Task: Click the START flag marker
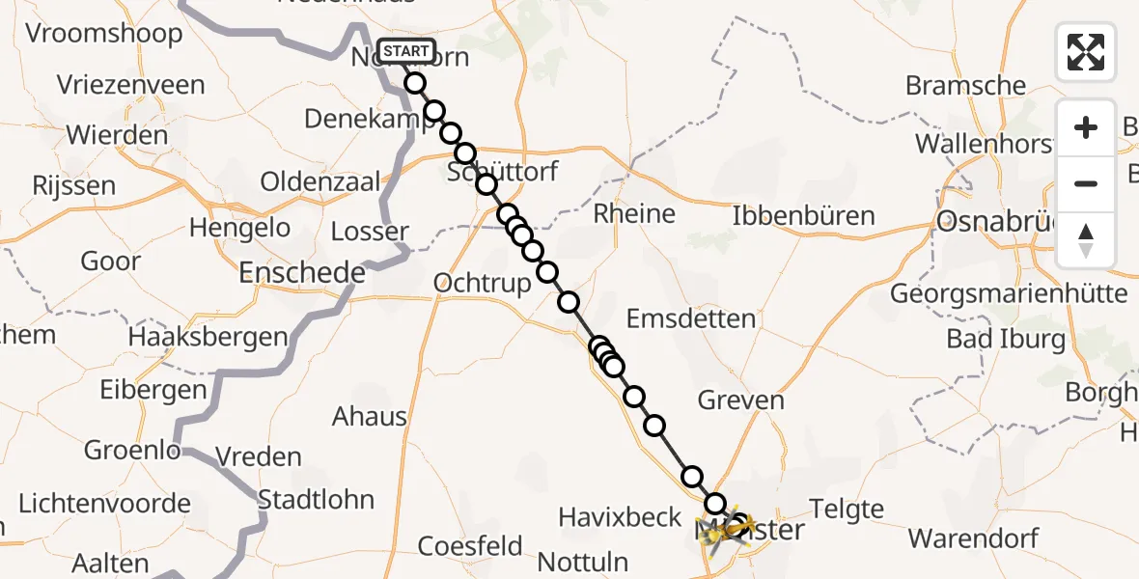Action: (406, 51)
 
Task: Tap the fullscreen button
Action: (1086, 52)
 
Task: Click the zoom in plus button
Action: (1086, 127)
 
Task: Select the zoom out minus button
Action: (1086, 183)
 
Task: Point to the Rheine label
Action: (634, 213)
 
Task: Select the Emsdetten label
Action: (691, 318)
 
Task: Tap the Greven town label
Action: (741, 400)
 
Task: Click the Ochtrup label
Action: (483, 283)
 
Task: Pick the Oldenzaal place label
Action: (321, 181)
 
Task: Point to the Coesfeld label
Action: (470, 545)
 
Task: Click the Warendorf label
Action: (974, 538)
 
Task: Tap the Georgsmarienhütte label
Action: (1010, 292)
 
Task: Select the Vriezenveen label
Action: (131, 85)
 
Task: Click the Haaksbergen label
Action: (208, 337)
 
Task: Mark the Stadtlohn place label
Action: (317, 500)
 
